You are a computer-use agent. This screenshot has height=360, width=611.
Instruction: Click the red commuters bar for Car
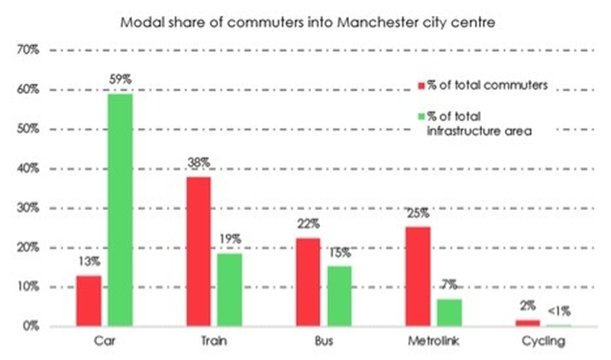(x=89, y=301)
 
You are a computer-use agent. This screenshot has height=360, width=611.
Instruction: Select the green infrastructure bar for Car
(x=120, y=210)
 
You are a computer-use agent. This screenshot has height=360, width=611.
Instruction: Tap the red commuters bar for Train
(x=198, y=251)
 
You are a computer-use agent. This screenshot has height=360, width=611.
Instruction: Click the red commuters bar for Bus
(x=308, y=282)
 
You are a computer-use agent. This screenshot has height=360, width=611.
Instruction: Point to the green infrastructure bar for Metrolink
(x=448, y=313)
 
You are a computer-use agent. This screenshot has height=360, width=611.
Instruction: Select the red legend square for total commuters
(x=421, y=86)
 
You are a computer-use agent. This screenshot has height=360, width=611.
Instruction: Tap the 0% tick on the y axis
(x=30, y=327)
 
